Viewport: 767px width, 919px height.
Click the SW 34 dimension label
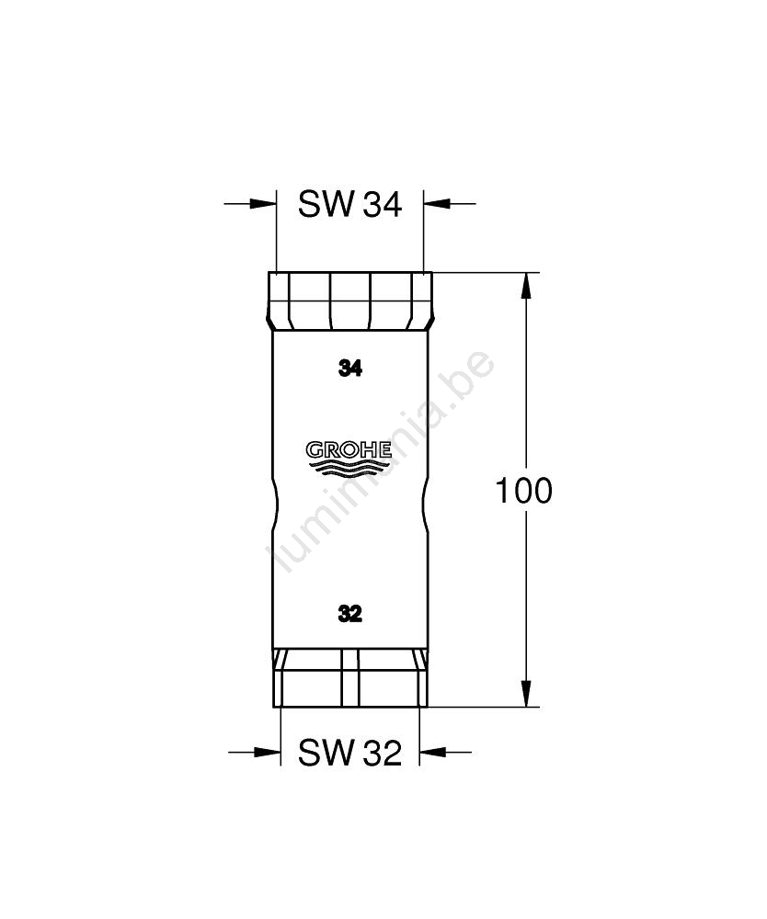coord(350,205)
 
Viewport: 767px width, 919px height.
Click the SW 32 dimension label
coord(350,753)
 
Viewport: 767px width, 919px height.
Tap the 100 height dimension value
coord(523,491)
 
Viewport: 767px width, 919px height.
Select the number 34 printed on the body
coord(350,369)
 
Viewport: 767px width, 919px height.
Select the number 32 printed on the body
coord(350,614)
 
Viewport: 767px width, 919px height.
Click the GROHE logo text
coord(349,450)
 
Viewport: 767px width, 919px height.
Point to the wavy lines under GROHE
coord(349,467)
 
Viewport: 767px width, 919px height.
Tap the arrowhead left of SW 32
coord(268,752)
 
